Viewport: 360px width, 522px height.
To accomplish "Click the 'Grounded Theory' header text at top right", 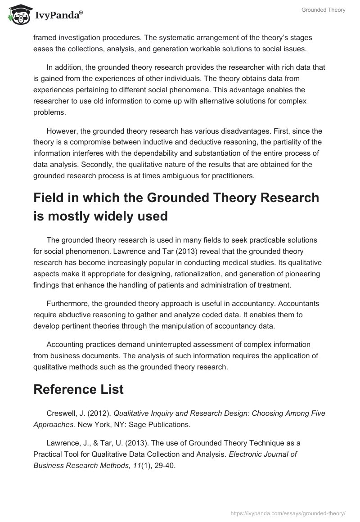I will (324, 9).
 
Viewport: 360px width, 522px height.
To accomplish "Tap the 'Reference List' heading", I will (78, 389).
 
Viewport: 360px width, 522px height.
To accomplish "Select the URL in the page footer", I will (288, 512).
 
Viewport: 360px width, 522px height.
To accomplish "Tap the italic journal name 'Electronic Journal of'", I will (263, 454).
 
